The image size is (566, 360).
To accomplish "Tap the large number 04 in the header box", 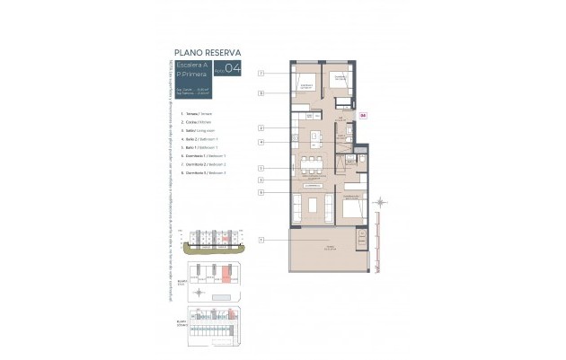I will click(233, 69).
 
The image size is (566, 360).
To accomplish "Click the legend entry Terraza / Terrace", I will click(200, 114).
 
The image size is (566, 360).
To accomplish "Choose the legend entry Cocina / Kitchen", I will click(199, 122).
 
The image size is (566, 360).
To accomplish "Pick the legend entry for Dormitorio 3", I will click(207, 173).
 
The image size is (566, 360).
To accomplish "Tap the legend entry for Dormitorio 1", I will click(207, 156).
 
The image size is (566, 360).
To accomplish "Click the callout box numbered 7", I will click(261, 72).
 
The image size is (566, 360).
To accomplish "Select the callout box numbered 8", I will click(261, 92).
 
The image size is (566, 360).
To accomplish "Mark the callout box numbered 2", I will click(261, 128).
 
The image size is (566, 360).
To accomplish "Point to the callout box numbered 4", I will click(261, 142).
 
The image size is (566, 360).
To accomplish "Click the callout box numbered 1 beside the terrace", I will click(261, 240).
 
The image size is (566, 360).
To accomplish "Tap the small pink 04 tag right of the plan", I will click(363, 116).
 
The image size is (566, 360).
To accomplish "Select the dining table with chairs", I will click(311, 164).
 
